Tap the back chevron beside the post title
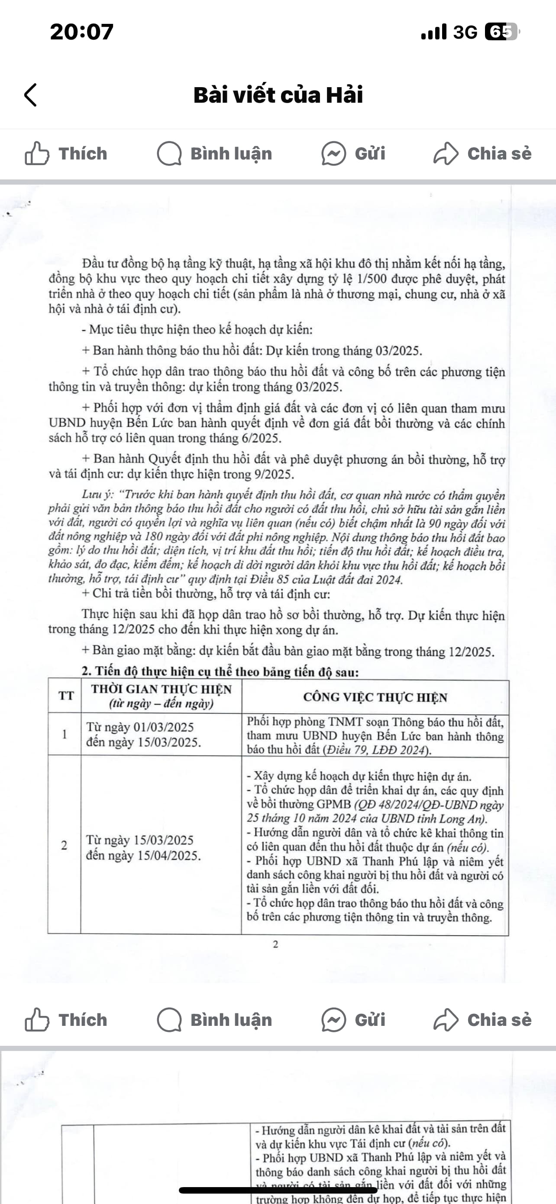pyautogui.click(x=30, y=95)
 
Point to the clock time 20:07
pyautogui.click(x=82, y=32)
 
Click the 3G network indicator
pyautogui.click(x=465, y=32)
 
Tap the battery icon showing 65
pyautogui.click(x=501, y=32)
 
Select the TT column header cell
pyautogui.click(x=66, y=696)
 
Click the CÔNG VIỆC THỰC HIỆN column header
pyautogui.click(x=375, y=697)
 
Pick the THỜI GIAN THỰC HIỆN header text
pyautogui.click(x=161, y=690)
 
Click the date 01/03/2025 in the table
pyautogui.click(x=163, y=727)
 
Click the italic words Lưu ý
pyautogui.click(x=97, y=495)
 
